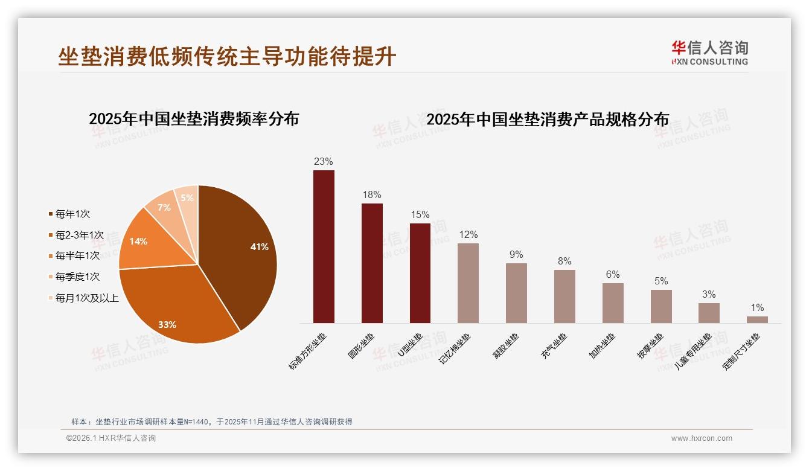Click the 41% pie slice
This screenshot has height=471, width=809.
pos(241,254)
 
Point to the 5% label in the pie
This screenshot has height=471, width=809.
pos(187,198)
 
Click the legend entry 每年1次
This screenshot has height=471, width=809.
pos(72,214)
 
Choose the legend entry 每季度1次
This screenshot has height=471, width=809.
pos(77,277)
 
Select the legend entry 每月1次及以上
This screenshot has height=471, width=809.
pos(87,298)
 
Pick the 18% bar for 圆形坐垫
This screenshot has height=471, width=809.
pos(372,263)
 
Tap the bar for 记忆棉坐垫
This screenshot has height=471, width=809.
pos(468,283)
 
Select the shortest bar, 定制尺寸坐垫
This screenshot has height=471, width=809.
pos(757,319)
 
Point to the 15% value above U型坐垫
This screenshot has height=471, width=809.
pos(420,214)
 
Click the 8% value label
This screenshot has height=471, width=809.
pos(564,261)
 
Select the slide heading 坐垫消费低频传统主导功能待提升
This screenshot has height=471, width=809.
pos(227,56)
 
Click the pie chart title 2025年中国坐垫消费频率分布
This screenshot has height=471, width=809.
pos(194,118)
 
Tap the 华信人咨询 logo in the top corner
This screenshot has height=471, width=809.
pos(710,53)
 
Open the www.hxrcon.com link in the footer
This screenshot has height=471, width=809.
pos(702,438)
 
